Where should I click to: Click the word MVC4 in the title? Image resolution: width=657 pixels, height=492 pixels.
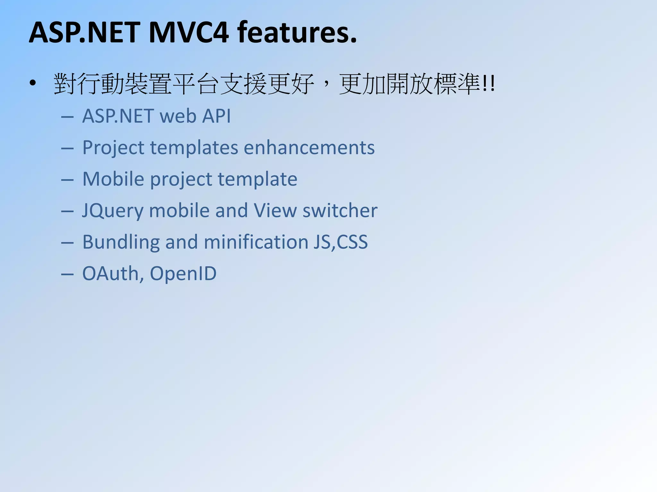[189, 33]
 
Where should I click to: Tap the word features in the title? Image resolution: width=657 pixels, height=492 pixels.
[297, 33]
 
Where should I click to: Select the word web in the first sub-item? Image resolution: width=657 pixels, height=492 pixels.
[178, 116]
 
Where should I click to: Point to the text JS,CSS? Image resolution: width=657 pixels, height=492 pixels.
[340, 242]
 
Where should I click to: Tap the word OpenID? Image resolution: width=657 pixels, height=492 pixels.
[183, 274]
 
